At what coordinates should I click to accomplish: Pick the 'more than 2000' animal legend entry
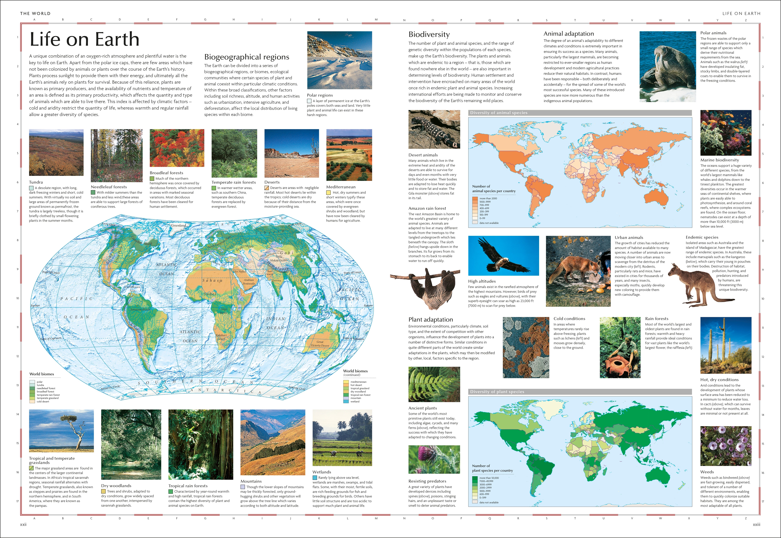coord(488,198)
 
